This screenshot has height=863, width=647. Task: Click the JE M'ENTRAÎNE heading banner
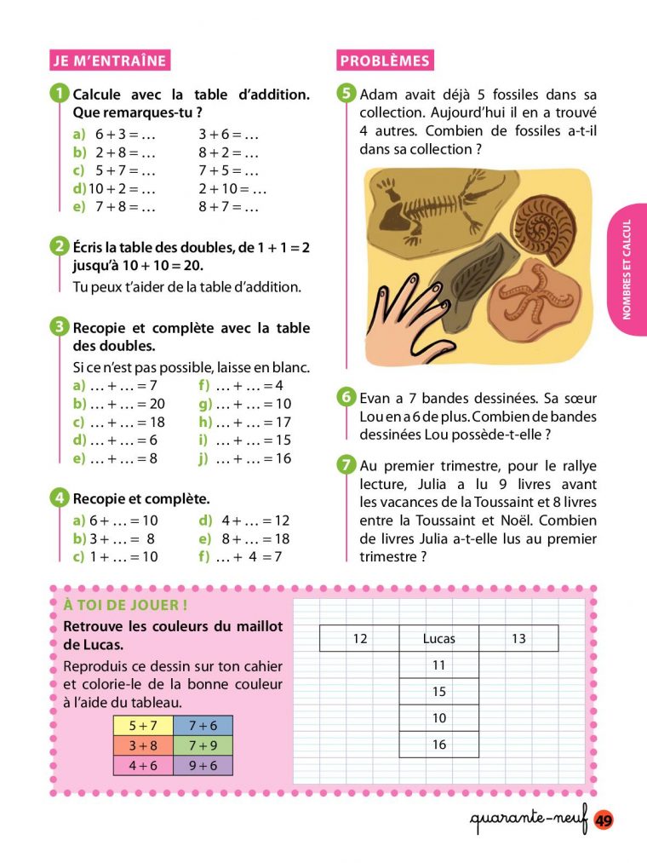pos(109,60)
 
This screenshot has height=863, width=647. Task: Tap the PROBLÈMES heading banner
pos(384,60)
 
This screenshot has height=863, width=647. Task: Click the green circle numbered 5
pos(346,94)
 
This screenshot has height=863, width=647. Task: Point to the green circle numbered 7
pos(346,465)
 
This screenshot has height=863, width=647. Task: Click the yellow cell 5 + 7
pos(143,726)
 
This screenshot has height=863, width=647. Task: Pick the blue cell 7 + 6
pos(203,726)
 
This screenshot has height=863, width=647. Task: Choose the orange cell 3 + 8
pos(143,745)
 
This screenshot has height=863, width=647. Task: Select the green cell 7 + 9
pos(203,745)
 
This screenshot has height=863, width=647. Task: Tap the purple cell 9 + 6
pos(203,765)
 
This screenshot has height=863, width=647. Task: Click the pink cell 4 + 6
pos(143,765)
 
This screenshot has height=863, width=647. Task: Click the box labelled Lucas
pos(438,638)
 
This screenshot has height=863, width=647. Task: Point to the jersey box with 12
pos(359,638)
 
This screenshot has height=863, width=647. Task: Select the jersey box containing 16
pos(438,745)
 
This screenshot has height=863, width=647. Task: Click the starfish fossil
pos(537,294)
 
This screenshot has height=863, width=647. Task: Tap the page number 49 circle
pos(604,820)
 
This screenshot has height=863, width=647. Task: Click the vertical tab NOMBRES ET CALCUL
pos(627,269)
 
